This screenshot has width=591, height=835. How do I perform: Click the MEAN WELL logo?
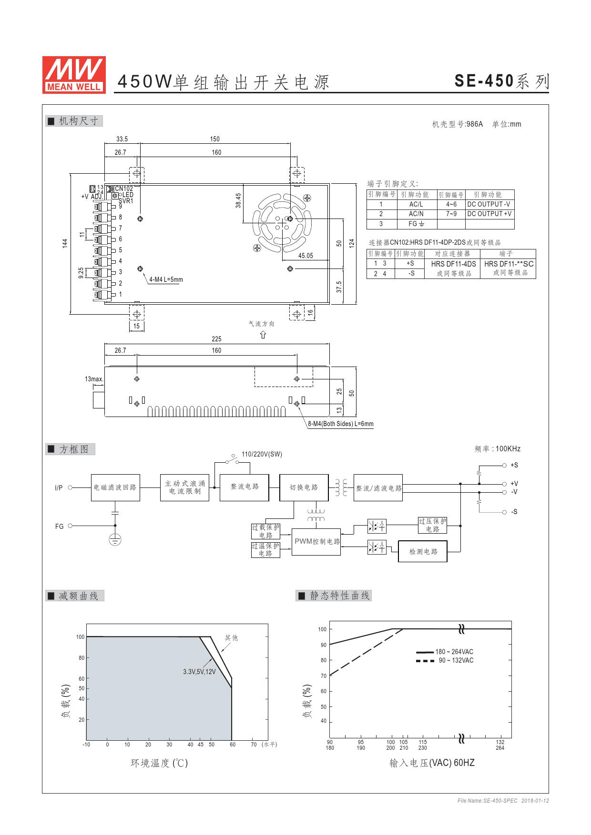point(74,74)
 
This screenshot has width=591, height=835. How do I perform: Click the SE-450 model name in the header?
point(484,81)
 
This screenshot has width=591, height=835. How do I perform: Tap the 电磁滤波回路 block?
point(115,487)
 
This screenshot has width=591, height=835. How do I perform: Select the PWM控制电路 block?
point(317,542)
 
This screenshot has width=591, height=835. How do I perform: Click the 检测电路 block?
point(423,551)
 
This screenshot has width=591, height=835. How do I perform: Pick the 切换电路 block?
point(304,487)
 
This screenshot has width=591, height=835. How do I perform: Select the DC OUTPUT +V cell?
point(489,214)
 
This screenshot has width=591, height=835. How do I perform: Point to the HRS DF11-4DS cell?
point(453,264)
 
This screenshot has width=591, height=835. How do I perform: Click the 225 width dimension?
point(216,339)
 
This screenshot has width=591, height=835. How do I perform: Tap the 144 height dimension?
point(65,243)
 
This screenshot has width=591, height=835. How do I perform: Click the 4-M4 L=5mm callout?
point(166,279)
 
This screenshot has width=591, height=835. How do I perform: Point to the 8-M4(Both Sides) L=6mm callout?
point(341,424)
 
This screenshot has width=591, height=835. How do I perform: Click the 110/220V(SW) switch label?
point(262,454)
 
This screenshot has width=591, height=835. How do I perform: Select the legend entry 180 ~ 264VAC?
point(445,652)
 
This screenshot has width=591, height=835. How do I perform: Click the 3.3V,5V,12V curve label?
point(199,672)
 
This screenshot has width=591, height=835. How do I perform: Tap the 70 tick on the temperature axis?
point(254,745)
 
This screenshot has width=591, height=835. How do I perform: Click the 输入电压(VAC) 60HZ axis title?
point(432,763)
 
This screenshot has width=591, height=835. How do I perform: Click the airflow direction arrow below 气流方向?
point(263,334)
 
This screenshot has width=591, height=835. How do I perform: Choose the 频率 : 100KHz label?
point(498,449)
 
